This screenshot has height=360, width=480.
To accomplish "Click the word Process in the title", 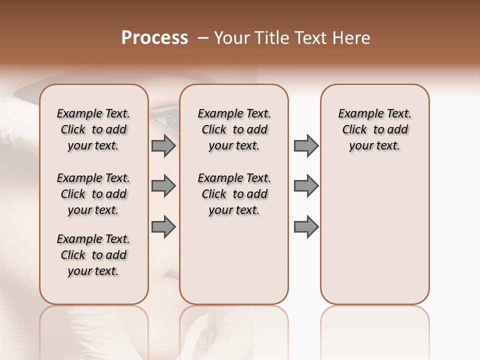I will point(154,38).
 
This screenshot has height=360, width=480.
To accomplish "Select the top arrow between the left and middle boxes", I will point(163,145).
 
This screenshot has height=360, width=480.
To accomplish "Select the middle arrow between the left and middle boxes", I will point(163,186).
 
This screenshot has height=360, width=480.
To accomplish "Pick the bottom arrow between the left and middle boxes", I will point(163,226).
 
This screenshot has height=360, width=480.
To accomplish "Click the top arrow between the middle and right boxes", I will point(306,145).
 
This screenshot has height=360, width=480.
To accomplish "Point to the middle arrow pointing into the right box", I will point(306,186).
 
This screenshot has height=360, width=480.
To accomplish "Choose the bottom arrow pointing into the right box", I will point(306,226).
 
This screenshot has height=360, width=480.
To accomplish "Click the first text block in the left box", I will point(93,129).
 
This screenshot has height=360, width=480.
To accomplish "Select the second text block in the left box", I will point(93,194).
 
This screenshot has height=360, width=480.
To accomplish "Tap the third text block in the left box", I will point(93,255).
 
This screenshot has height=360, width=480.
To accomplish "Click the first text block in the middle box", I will point(234,129).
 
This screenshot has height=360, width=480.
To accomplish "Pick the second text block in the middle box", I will point(234,194).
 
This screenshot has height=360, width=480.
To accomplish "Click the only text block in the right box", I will point(374,129).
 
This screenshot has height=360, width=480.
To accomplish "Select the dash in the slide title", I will point(202,38).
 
